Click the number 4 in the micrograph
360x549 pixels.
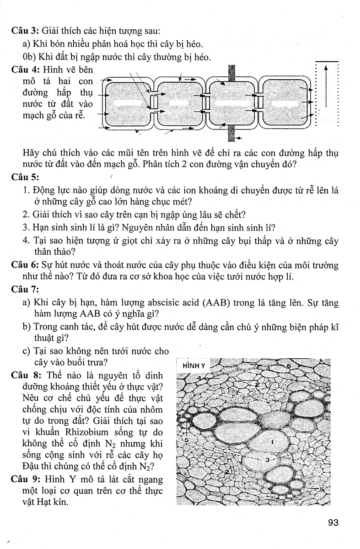[x=200, y=378]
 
